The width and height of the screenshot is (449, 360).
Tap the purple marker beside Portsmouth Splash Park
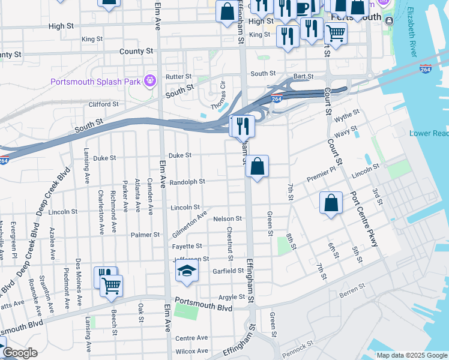pos(149,79)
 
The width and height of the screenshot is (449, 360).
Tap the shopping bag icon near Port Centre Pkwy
pos(331,203)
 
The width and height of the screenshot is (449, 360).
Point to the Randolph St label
pos(187,181)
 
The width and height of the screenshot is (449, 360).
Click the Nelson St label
pos(228,219)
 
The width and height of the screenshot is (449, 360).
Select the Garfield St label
pos(227,271)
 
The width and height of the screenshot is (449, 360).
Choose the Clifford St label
pos(103,104)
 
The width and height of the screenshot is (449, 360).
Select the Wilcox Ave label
pos(191,351)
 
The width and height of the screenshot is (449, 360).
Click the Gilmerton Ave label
pos(189,223)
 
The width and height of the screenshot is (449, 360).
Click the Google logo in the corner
pos(19,353)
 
